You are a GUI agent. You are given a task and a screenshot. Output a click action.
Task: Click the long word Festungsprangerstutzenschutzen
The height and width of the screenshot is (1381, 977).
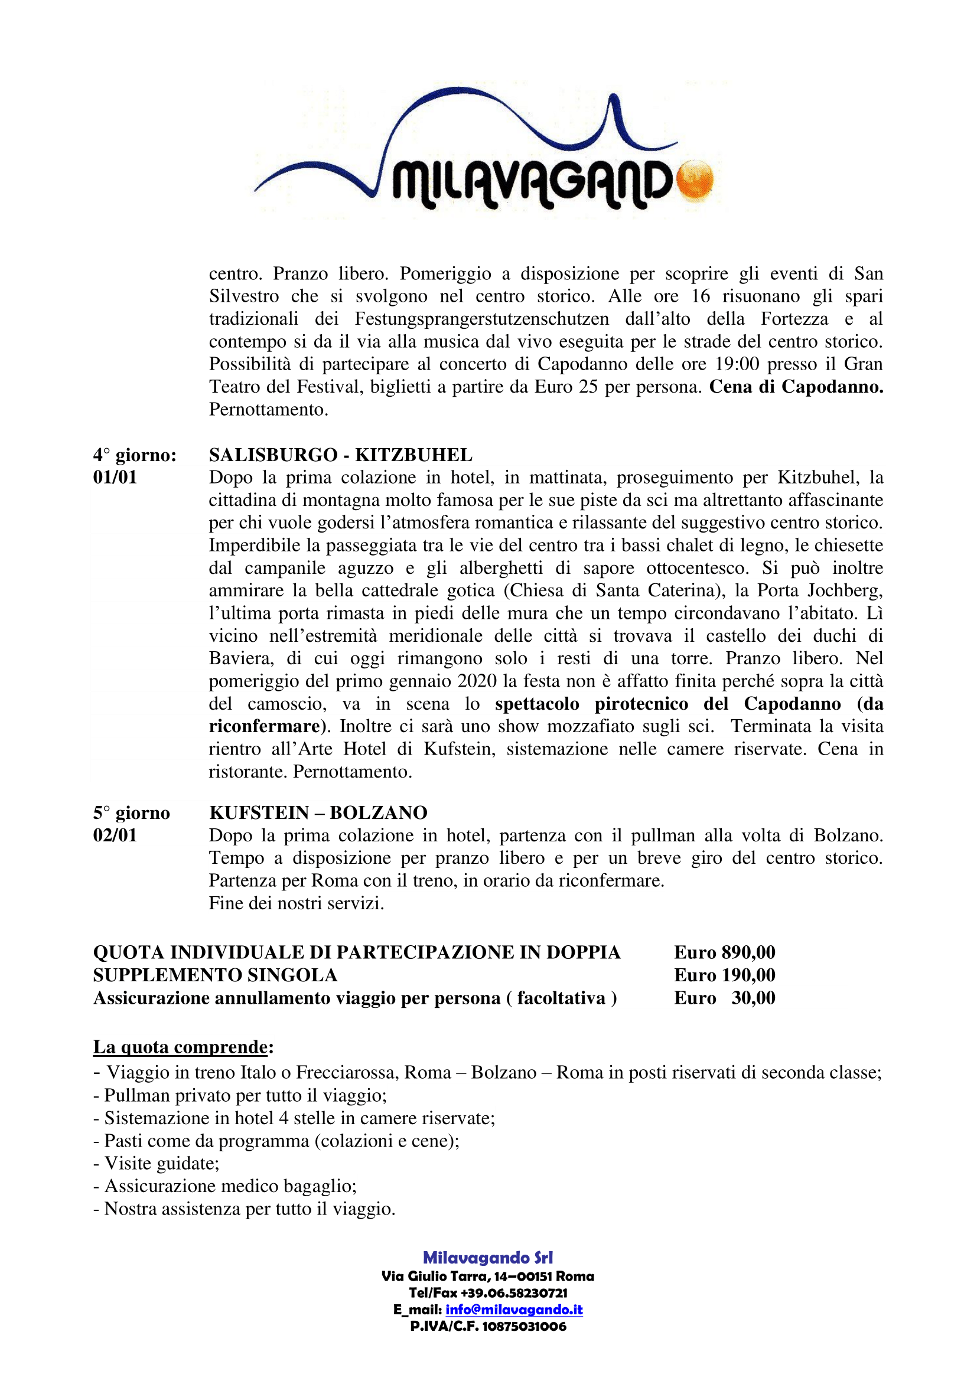tap(481, 319)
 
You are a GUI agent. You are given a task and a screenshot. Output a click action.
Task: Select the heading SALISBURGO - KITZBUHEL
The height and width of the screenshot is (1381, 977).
tap(340, 455)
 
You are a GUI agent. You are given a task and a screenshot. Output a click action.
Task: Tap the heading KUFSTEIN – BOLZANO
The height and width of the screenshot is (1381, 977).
tap(318, 812)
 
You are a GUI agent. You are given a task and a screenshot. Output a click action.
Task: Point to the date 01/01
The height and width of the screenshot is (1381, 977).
tap(115, 478)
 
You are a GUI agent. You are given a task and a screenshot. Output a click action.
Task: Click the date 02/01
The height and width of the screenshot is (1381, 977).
tap(115, 835)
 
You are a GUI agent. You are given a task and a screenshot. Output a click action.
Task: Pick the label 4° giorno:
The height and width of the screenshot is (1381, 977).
tap(135, 455)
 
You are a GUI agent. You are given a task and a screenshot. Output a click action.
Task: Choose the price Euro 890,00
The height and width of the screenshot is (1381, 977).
tap(724, 952)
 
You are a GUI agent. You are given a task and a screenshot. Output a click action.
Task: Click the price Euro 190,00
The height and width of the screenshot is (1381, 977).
tap(724, 975)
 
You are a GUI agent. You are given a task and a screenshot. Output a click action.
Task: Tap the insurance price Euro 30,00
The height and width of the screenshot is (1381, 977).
tap(724, 998)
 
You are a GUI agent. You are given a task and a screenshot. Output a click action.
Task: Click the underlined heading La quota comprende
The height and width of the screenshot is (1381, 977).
tap(181, 1047)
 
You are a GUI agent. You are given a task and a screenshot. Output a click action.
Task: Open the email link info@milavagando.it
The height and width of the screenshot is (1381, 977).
tap(514, 1310)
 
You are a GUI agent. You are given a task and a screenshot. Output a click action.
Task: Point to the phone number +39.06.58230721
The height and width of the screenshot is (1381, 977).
tap(515, 1292)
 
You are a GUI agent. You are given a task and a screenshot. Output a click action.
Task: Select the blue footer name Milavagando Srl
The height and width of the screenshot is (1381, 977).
tap(488, 1258)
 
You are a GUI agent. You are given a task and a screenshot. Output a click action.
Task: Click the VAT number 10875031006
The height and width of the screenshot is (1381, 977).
tap(524, 1326)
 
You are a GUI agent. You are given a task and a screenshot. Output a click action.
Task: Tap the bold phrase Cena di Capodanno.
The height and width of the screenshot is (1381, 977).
tap(796, 387)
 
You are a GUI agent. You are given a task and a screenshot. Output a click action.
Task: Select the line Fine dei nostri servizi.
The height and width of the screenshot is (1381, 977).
tap(296, 903)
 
